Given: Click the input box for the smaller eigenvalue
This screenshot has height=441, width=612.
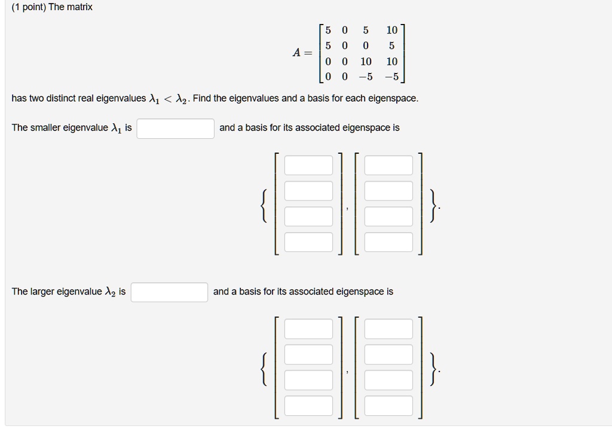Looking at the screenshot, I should (x=175, y=128).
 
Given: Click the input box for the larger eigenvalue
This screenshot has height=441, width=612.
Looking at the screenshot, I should (x=170, y=292).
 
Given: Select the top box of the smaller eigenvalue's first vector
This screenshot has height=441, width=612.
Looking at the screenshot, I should (x=308, y=165).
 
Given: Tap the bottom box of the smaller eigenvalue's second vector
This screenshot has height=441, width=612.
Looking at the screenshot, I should (x=388, y=242).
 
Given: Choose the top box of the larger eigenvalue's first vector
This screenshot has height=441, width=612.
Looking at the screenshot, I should (x=308, y=329).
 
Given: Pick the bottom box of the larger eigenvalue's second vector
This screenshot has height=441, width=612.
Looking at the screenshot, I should (x=388, y=405).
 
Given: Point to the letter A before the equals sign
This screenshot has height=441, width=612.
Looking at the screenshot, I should (x=297, y=53).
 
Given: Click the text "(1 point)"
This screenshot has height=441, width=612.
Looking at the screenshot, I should (x=29, y=8).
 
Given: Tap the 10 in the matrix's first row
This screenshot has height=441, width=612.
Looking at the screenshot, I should (x=391, y=30).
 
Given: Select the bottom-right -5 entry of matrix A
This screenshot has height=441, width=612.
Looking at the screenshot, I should (x=391, y=77).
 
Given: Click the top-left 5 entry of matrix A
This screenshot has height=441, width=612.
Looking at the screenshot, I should (x=328, y=30).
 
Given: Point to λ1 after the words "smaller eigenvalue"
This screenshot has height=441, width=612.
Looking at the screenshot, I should (x=117, y=128).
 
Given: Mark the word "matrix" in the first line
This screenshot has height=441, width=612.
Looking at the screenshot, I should (x=79, y=8).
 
